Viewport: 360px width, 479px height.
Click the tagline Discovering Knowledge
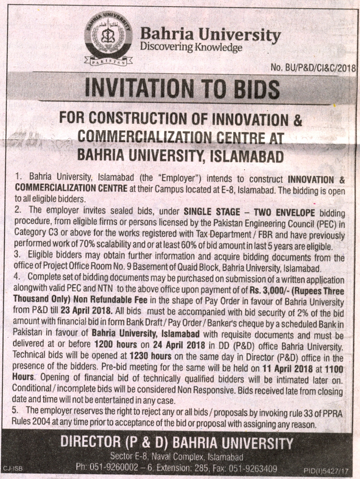[191, 48]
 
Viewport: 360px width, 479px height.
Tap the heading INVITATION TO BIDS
[182, 88]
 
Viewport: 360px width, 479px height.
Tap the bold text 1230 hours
[150, 356]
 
